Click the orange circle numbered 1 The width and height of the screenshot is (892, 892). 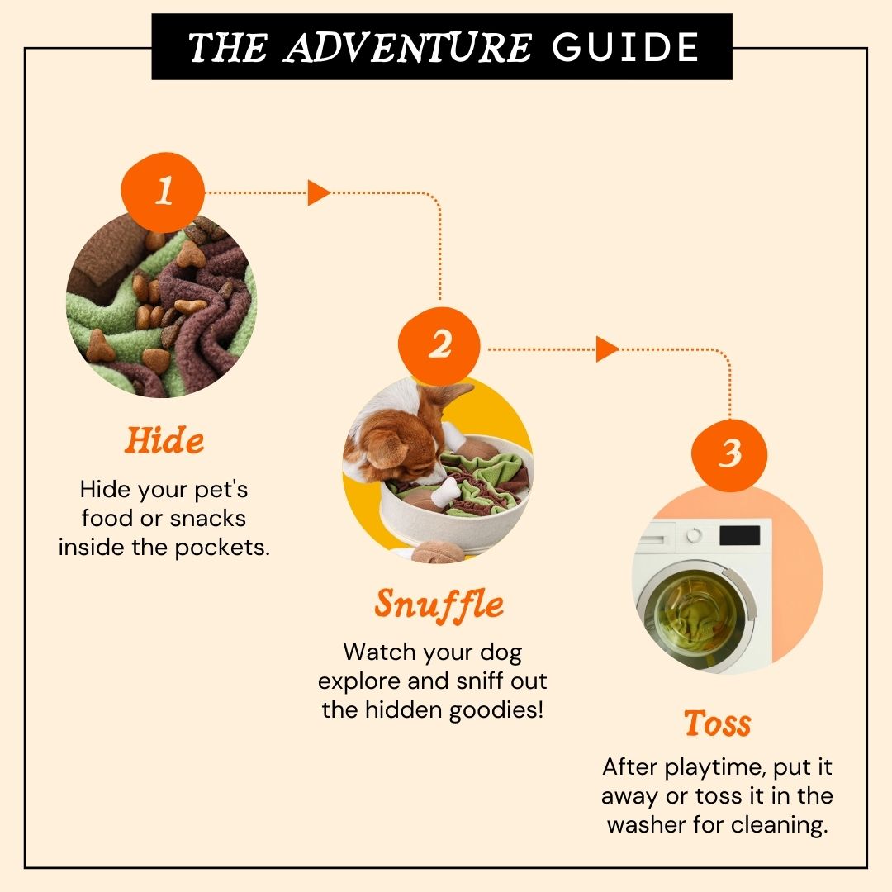click(164, 192)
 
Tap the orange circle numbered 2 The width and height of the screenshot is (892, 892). click(439, 346)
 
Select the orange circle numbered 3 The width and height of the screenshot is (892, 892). click(729, 455)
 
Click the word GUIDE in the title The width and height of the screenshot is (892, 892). click(625, 47)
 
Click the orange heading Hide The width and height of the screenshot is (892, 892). click(164, 440)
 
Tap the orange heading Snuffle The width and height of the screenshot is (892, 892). click(439, 604)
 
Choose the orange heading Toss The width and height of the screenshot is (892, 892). click(718, 723)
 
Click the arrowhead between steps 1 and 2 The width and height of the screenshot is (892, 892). click(319, 192)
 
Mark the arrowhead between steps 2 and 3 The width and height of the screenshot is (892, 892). click(607, 349)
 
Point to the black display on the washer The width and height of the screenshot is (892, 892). click(739, 536)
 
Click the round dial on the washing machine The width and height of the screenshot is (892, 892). click(694, 535)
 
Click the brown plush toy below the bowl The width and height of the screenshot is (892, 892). click(438, 552)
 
